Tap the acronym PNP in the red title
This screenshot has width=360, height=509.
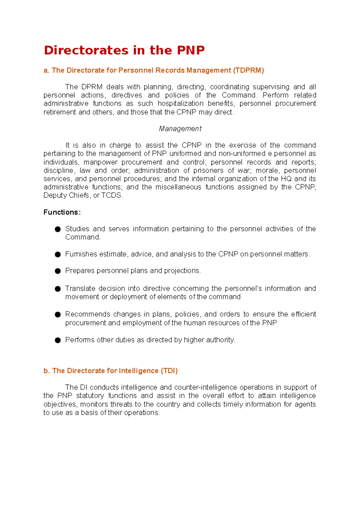pyautogui.click(x=190, y=50)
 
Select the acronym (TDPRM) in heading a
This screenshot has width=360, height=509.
pyautogui.click(x=248, y=70)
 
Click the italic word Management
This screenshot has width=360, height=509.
pyautogui.click(x=180, y=129)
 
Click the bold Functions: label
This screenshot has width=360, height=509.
pyautogui.click(x=62, y=212)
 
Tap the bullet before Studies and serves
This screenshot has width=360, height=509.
pyautogui.click(x=58, y=229)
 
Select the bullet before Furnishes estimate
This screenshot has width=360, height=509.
pyautogui.click(x=58, y=255)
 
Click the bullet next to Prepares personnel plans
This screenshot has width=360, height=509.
pyautogui.click(x=58, y=271)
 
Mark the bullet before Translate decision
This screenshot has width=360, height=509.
pyautogui.click(x=58, y=289)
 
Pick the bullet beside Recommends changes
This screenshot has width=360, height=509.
pyautogui.click(x=58, y=314)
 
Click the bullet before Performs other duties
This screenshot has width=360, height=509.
pyautogui.click(x=58, y=340)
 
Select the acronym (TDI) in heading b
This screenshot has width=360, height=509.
pyautogui.click(x=169, y=371)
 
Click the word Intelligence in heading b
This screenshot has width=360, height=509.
pyautogui.click(x=138, y=371)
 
